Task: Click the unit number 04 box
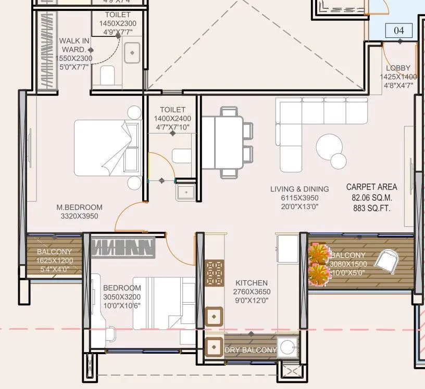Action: point(398,31)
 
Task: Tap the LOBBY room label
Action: point(398,68)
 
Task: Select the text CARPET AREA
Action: point(371,187)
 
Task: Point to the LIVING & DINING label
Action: point(299,189)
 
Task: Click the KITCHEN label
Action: point(251,283)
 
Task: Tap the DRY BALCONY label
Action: point(251,350)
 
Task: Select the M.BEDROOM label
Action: point(79,208)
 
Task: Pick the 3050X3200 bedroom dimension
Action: point(121,297)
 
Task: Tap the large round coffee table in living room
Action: point(329,147)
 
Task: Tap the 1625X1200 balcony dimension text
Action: point(55,261)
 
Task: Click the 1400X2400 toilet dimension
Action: point(172,119)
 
